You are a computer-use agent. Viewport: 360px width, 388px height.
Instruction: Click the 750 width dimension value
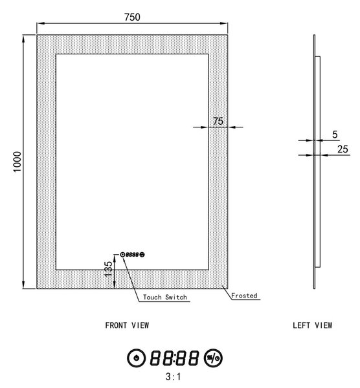(x=132, y=17)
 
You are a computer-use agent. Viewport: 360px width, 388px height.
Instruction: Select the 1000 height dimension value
(x=17, y=162)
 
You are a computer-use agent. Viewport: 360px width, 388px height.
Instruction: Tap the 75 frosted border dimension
(x=218, y=121)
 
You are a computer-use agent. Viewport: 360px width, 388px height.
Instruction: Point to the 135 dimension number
(x=108, y=269)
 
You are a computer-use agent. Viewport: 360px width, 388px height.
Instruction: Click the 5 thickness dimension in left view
(x=335, y=135)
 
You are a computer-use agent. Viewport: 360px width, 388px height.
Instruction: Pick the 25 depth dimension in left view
(x=343, y=149)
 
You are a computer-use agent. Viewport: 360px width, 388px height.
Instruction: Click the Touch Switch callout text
(x=165, y=297)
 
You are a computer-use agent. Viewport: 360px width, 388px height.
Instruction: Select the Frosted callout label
(x=244, y=296)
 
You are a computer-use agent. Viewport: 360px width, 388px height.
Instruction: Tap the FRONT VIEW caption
(x=127, y=325)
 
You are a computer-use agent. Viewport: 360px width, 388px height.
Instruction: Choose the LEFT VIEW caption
(x=313, y=325)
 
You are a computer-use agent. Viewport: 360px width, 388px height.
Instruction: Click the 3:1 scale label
(x=173, y=377)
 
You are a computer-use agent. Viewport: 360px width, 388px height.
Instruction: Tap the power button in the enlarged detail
(x=136, y=358)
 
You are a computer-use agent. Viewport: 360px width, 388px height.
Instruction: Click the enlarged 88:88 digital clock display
(x=174, y=358)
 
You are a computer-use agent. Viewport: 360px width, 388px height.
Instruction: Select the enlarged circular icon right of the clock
(x=213, y=358)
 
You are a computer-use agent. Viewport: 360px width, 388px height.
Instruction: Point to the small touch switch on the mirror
(x=133, y=254)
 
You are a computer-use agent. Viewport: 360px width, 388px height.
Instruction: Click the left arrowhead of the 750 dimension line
(x=40, y=23)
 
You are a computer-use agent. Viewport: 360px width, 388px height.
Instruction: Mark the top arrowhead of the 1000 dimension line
(x=23, y=39)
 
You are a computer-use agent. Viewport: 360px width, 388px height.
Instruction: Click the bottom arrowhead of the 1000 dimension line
(x=23, y=285)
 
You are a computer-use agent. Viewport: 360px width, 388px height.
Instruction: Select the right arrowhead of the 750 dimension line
(x=224, y=23)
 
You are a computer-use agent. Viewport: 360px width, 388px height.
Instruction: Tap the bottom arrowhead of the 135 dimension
(x=115, y=285)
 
